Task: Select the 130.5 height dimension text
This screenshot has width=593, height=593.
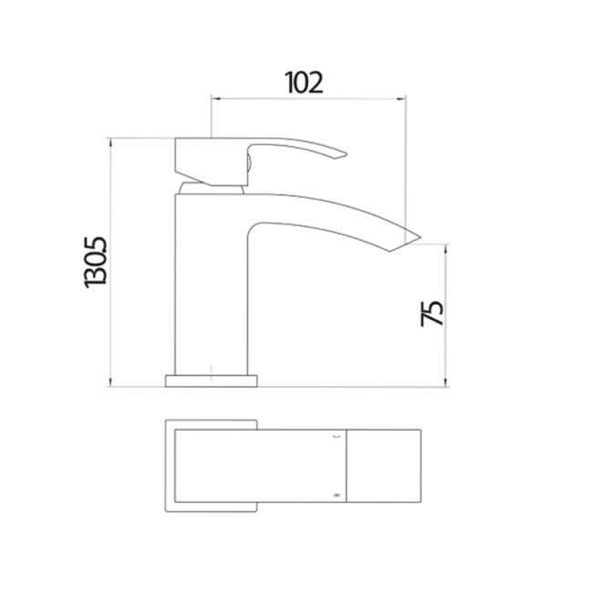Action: point(96,263)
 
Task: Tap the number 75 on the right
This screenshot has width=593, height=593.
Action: point(432,312)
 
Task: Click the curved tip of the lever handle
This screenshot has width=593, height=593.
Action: point(342,155)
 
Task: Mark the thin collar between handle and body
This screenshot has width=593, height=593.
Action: point(213,187)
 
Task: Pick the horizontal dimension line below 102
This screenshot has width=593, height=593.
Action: point(307,98)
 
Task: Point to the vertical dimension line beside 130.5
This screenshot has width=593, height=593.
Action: point(109,263)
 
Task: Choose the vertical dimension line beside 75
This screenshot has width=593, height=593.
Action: point(446,315)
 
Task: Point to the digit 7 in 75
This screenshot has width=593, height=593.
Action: point(432,321)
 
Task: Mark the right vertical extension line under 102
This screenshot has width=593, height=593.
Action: point(405,164)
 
